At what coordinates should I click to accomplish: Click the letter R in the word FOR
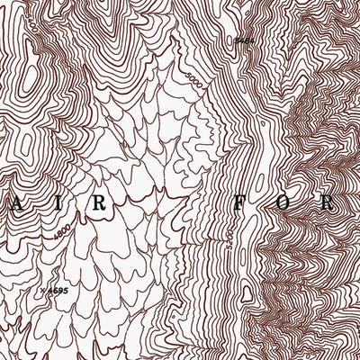(x=331, y=202)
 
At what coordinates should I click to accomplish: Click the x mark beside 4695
(x=42, y=290)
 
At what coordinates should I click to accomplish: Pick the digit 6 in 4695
(x=53, y=290)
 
